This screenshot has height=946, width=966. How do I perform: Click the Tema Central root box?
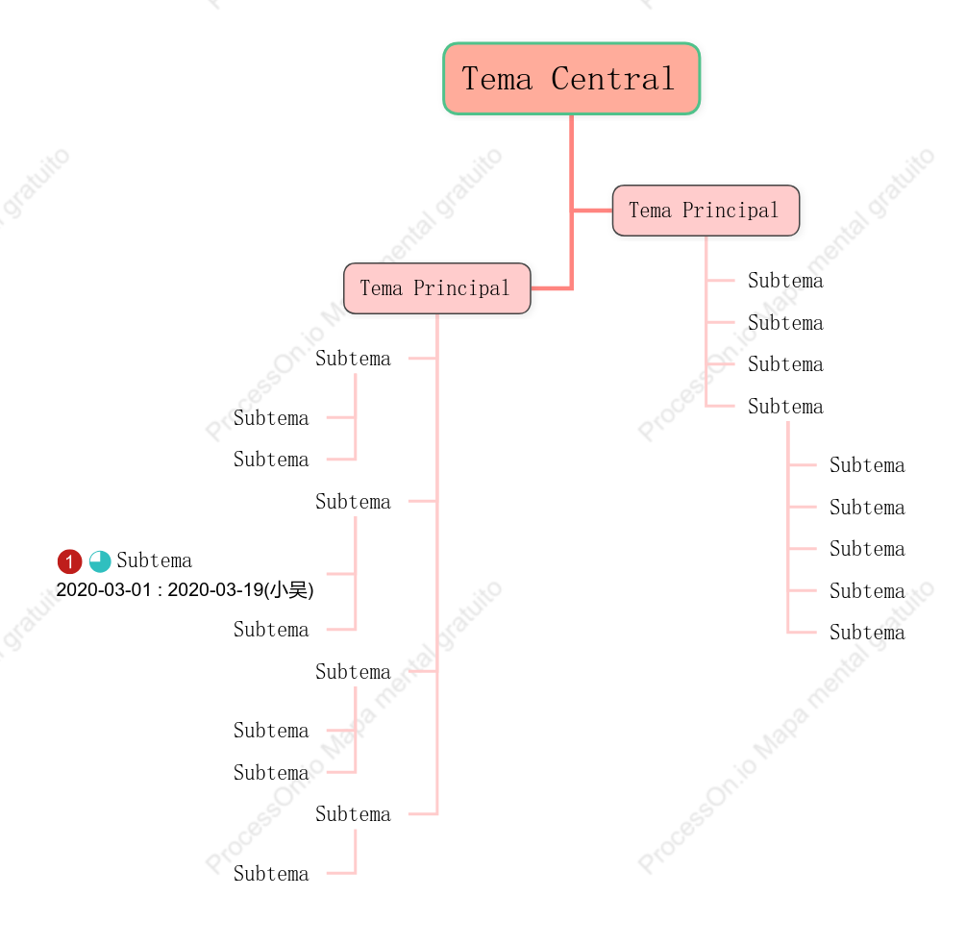571,79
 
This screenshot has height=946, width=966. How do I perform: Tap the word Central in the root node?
613,79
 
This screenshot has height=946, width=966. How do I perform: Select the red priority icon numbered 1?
69,561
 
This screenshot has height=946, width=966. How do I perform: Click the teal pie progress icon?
100,561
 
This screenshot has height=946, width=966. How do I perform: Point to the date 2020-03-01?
104,589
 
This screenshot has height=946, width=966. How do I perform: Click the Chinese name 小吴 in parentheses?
288,589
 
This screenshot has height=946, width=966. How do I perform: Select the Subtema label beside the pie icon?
154,560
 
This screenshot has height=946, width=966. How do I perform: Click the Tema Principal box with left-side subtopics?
436,288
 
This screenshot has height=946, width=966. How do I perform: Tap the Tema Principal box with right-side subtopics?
706,211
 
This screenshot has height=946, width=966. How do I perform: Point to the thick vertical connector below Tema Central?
572,202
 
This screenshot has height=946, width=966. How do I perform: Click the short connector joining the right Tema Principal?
592,211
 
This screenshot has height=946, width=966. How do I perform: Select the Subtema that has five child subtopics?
785,406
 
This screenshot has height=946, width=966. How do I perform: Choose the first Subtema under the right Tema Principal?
785,281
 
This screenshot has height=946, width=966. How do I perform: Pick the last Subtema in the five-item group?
867,633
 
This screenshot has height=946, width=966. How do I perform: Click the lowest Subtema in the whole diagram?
271,873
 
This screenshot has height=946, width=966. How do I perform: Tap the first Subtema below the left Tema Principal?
353,358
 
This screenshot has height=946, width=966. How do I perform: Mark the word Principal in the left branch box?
461,288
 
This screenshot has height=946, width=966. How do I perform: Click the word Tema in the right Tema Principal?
650,211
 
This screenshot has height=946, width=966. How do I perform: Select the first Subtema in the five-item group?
867,464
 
